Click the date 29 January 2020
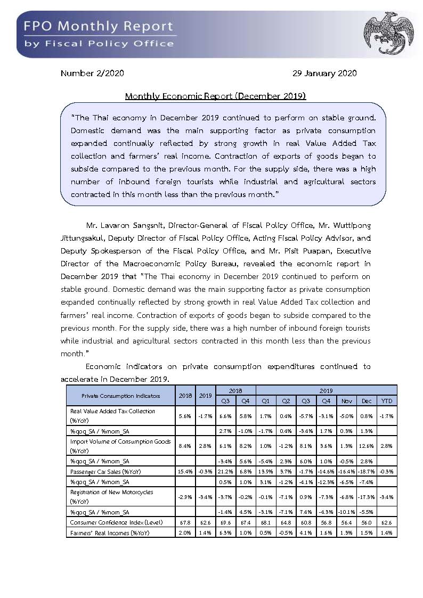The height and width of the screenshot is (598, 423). [x=324, y=73]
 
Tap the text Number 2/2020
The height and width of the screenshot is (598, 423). [x=92, y=73]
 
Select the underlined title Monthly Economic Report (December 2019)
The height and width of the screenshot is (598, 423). [x=215, y=96]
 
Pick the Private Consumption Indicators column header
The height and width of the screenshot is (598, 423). [x=120, y=396]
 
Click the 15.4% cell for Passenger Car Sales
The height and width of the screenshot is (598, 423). [x=185, y=472]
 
